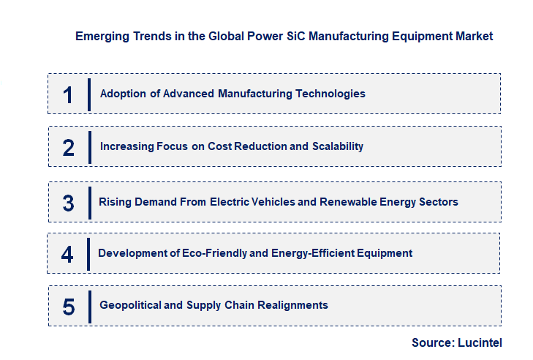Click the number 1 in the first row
click(x=68, y=94)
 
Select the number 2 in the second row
click(x=68, y=147)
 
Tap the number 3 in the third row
click(x=68, y=203)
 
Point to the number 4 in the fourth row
click(x=68, y=254)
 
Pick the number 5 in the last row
click(x=68, y=306)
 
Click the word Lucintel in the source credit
click(x=480, y=342)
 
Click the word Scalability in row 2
click(x=337, y=146)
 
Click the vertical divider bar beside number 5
click(x=89, y=305)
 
